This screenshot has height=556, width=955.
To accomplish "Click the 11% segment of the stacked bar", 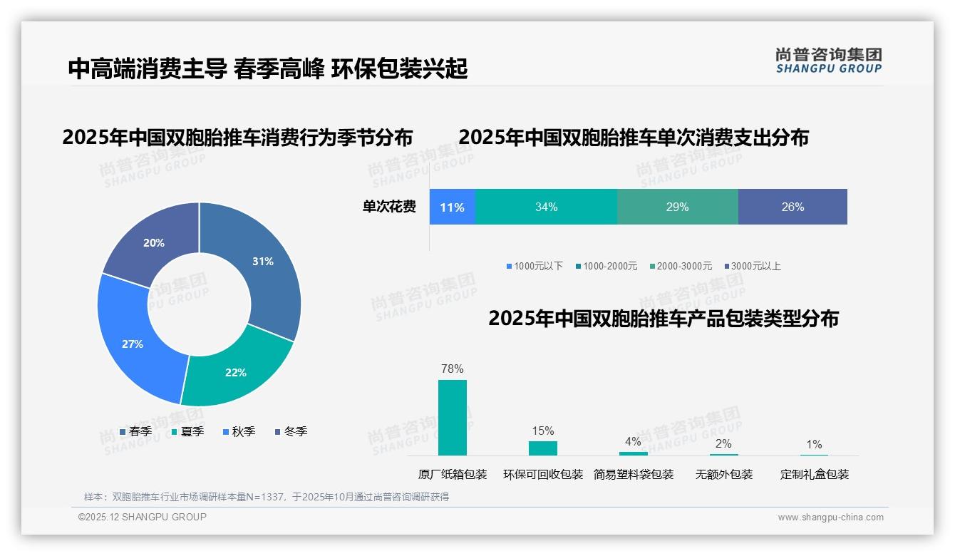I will pos(452,207).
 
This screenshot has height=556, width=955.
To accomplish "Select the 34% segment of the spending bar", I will pos(546,207).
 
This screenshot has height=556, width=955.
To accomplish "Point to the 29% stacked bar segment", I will pos(677,207).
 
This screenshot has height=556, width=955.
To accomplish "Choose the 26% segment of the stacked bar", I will pos(793,207).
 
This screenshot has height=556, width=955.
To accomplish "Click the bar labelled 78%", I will pos(453,417).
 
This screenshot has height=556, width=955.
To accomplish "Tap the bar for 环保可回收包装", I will pos(543,448).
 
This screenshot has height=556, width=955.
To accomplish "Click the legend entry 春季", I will pos(135,431).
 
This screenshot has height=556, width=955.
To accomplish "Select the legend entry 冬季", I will pos(291,431).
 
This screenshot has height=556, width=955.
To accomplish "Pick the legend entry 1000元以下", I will pos(535,267).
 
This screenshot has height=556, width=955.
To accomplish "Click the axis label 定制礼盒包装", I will pos(814,475).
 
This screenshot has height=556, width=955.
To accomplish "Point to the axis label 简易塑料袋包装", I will pos(634,475).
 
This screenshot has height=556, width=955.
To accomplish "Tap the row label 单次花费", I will pos(389,207).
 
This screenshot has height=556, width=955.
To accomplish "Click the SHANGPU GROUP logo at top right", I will pos(828,61).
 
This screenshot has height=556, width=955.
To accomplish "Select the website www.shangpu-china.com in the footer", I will pos(830,518).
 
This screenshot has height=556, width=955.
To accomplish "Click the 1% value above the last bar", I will pos(814,444).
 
